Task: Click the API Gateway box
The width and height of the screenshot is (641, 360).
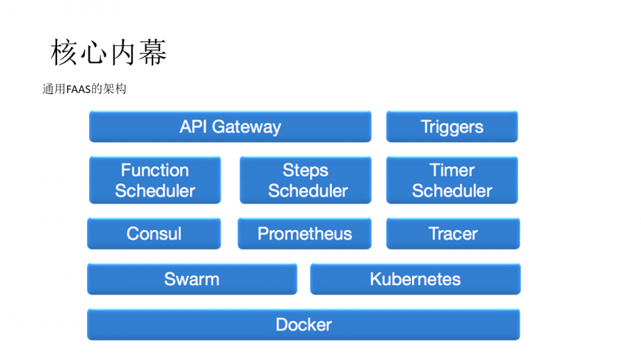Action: (229, 126)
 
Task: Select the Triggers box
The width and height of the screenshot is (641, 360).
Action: (452, 126)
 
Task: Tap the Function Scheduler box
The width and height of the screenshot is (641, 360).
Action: (155, 180)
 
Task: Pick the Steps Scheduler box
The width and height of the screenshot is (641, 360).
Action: (306, 180)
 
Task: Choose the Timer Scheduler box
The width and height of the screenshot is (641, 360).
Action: (452, 180)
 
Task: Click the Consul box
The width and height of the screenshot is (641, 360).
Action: (154, 233)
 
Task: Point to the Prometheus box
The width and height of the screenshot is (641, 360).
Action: (304, 233)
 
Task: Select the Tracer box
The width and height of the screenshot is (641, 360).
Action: (453, 233)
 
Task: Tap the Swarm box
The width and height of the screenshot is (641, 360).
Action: (192, 279)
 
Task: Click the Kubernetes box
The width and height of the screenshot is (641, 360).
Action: (415, 279)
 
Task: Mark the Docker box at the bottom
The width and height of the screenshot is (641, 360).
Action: (303, 324)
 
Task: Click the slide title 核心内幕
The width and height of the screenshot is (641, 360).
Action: (108, 53)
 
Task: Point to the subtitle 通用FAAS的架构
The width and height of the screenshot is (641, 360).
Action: (84, 89)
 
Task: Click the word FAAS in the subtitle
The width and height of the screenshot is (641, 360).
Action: (79, 89)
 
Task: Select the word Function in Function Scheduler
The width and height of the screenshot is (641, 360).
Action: (155, 170)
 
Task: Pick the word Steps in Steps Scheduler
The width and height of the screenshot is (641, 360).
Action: (306, 170)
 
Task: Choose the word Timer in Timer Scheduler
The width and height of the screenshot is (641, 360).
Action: (452, 170)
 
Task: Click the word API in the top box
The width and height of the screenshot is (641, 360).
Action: (194, 126)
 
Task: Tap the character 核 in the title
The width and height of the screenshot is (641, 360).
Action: (64, 53)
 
